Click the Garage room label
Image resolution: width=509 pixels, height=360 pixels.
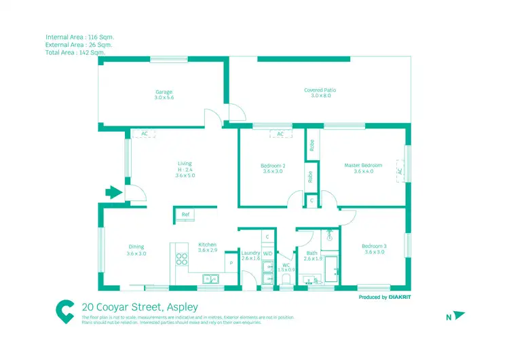pos(164,92)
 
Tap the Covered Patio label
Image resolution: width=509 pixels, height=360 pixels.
pos(320,90)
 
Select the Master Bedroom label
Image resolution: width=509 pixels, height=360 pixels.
pos(363,165)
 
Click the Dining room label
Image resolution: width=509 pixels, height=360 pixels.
pos(136,247)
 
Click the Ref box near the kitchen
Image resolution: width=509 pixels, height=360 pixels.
pos(185,215)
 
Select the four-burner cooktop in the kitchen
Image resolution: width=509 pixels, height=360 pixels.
pos(182,259)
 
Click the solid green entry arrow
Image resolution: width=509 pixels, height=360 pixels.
pos(113,193)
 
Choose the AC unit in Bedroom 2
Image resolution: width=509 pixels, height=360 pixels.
pos(280,134)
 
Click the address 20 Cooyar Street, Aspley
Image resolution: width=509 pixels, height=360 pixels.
pos(139,307)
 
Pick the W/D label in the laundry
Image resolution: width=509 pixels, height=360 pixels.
pos(267,253)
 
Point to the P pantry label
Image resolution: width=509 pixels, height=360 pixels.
pos(231,261)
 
